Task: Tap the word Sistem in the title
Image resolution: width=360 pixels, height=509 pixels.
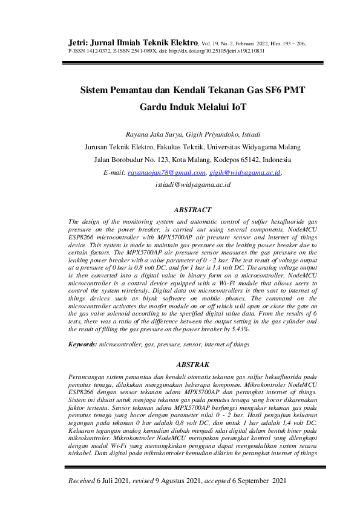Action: pos(98,90)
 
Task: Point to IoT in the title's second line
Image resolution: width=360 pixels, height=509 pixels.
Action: pos(240,108)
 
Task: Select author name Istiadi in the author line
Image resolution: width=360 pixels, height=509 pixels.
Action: pos(249,134)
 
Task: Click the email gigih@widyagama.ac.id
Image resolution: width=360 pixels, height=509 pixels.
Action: pos(245,173)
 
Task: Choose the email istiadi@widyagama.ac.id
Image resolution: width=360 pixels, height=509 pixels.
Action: pos(193,184)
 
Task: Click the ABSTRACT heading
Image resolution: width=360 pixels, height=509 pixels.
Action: pos(192,210)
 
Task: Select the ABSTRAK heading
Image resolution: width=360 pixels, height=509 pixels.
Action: pos(192,365)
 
